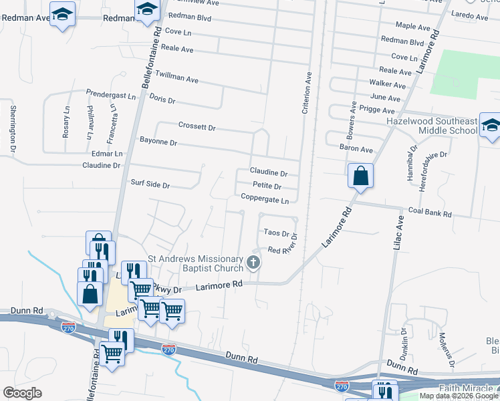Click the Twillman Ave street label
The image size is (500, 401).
pos(176,79)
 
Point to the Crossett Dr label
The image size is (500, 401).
pos(197,126)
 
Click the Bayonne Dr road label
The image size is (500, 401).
pos(158,142)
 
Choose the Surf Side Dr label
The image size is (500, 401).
pos(150,184)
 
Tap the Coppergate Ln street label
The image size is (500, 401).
pos(265,200)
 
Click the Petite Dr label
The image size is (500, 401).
pos(267,186)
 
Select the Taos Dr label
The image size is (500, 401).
pos(276,234)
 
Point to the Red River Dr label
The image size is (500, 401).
pos(281,249)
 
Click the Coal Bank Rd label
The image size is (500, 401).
pos(430,215)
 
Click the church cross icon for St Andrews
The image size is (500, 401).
pos(253,262)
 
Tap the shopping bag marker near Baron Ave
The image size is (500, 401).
pos(360,176)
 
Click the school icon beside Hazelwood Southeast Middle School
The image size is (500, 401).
pos(491,126)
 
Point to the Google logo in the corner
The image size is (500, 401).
pos(22,393)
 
